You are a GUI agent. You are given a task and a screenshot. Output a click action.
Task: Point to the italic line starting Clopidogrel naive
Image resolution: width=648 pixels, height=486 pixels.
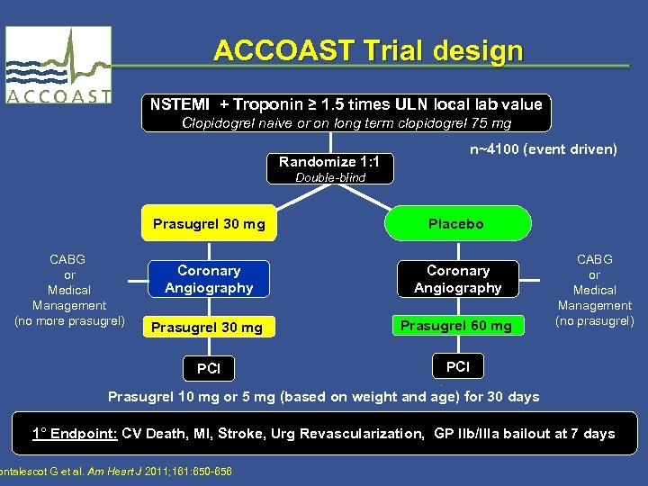(x=346, y=122)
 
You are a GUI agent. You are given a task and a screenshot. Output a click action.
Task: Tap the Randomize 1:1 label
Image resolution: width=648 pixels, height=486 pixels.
(x=328, y=162)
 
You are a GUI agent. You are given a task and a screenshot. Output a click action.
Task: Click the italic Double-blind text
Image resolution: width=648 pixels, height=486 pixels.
(x=330, y=177)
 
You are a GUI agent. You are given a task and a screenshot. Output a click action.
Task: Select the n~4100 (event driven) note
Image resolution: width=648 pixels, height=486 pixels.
(x=543, y=148)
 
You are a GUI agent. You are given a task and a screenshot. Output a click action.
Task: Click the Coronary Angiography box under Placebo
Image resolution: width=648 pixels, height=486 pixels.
(x=457, y=279)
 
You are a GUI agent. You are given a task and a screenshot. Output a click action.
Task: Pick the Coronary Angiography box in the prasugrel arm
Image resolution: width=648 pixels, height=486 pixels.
(x=209, y=279)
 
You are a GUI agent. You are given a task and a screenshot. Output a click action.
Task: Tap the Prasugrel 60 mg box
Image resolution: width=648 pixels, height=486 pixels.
(x=455, y=325)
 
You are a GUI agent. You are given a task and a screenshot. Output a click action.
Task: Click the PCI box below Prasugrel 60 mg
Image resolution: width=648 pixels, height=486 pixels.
(x=457, y=366)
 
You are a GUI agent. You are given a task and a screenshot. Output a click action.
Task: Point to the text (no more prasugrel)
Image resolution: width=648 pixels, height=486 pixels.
(x=70, y=320)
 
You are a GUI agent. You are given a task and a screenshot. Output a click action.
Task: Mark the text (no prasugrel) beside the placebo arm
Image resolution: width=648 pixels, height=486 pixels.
(x=594, y=320)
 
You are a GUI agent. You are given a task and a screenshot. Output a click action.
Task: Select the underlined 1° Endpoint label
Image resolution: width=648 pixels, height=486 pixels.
(x=75, y=434)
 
